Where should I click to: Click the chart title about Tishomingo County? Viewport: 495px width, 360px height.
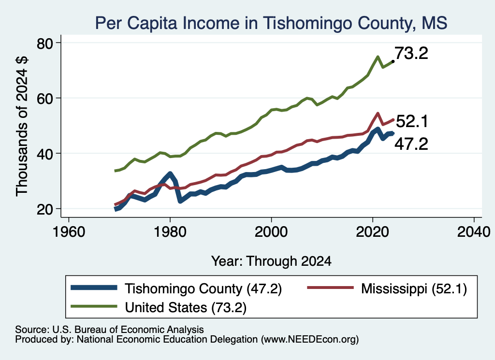[271, 23]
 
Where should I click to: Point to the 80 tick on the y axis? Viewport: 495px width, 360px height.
[44, 43]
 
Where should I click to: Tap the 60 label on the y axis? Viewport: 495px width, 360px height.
[44, 99]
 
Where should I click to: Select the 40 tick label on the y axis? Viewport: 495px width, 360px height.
[44, 154]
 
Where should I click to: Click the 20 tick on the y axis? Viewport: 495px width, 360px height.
[44, 209]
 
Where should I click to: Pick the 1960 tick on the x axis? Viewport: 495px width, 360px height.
[69, 232]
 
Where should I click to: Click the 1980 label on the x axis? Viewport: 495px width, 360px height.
[170, 232]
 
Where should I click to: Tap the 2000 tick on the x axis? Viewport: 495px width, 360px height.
[271, 232]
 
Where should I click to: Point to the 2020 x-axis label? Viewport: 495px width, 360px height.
[373, 232]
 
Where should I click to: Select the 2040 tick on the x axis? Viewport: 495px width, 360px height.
[474, 232]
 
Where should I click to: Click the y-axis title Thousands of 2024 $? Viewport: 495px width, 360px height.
[22, 126]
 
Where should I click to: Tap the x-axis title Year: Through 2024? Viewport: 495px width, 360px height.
[271, 261]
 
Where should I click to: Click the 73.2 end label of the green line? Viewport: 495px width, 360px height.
[411, 53]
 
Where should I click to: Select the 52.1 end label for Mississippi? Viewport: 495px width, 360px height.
[412, 121]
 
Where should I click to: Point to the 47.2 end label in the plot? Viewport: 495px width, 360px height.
[411, 144]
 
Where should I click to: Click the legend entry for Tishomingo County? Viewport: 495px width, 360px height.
[176, 288]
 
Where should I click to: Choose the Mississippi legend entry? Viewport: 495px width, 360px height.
[387, 288]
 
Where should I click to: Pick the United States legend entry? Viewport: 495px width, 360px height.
[159, 307]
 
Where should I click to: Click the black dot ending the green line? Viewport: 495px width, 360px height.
[393, 61]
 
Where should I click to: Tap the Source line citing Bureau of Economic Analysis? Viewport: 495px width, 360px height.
[109, 330]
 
